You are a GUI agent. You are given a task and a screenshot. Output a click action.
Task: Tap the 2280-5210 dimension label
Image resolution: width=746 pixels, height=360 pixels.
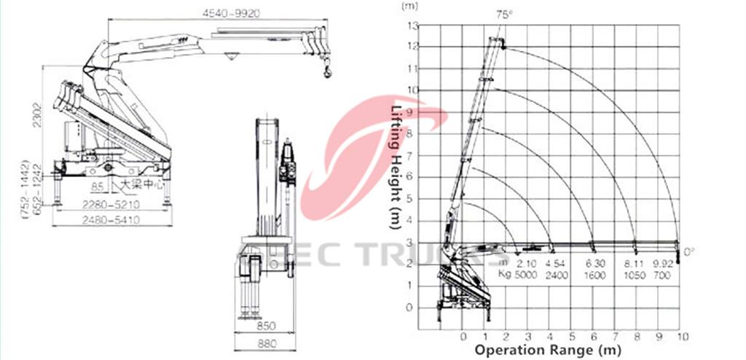click(111, 203)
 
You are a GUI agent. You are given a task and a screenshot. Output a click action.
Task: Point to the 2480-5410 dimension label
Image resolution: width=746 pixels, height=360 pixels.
click(111, 218)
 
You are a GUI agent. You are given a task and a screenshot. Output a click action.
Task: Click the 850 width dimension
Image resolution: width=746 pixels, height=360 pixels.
click(264, 325)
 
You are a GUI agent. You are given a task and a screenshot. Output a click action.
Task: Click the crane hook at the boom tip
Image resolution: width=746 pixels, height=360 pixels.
click(326, 71)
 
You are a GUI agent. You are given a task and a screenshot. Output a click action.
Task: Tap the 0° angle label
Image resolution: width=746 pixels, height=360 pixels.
click(689, 251)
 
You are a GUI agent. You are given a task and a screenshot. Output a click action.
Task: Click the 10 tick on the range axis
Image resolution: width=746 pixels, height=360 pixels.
click(683, 337)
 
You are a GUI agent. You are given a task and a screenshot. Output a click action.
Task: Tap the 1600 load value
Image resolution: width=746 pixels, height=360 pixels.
click(594, 274)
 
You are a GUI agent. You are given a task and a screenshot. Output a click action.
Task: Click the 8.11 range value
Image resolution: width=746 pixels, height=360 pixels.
click(635, 263)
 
